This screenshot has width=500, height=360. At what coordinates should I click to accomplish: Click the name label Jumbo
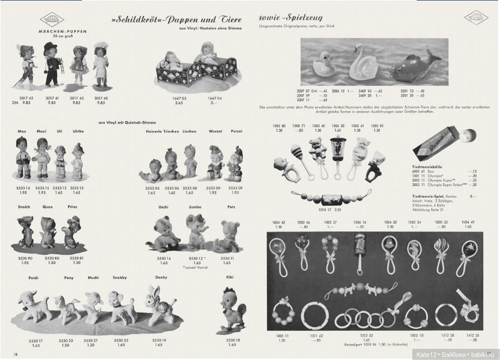click(x=195, y=207)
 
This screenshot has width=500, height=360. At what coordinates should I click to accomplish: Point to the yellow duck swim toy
click(x=324, y=65)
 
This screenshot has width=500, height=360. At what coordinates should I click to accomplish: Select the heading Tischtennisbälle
click(x=427, y=167)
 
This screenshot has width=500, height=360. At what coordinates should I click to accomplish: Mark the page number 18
click(x=16, y=353)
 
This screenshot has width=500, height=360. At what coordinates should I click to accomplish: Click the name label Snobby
click(x=121, y=276)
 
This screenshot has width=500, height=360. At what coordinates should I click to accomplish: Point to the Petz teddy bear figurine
click(x=228, y=235)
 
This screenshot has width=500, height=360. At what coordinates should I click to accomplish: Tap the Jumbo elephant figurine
click(x=196, y=231)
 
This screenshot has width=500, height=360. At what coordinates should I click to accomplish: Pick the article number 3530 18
click(x=229, y=340)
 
